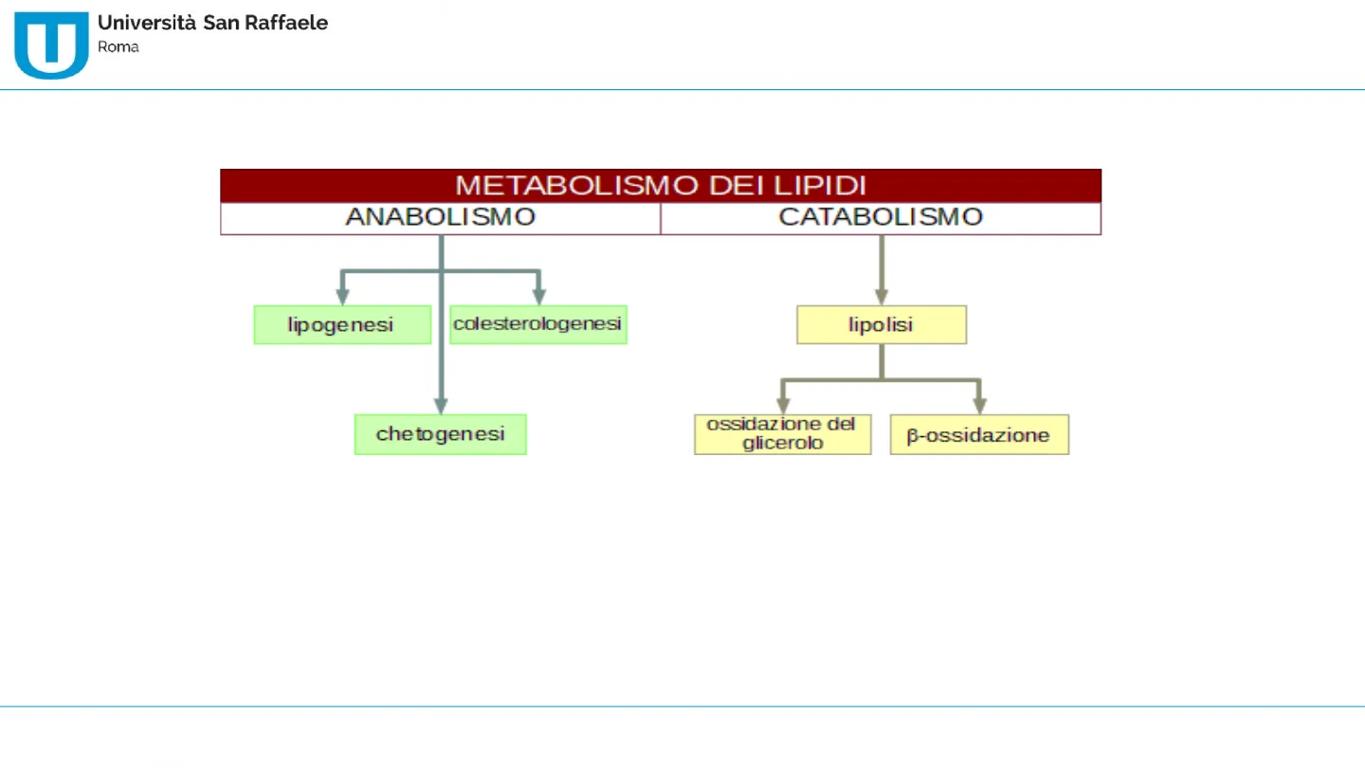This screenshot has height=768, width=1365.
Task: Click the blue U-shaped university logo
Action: coord(51,46)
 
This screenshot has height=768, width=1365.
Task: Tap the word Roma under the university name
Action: coord(118,47)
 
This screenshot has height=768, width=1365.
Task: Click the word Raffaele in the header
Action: coord(286,23)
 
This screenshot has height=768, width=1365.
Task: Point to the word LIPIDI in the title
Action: coord(820,185)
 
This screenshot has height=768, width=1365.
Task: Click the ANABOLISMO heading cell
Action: coord(441,218)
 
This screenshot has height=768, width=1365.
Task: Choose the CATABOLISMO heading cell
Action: coord(882,218)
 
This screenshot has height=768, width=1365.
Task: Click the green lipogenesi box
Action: coord(342,325)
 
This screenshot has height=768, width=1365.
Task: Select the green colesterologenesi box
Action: coord(538,325)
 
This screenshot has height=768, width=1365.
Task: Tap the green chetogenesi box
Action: coord(441,434)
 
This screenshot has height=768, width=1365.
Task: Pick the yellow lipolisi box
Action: coord(882,325)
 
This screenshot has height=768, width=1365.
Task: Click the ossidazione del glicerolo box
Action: coord(782,434)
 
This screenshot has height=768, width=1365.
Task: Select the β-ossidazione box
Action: coord(979,434)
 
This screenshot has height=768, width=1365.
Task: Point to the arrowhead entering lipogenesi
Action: coord(342,297)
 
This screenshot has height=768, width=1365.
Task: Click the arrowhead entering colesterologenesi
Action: coord(538,297)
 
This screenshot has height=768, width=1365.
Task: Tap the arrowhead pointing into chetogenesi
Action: coord(441,407)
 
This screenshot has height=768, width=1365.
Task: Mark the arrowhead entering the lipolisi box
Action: coord(882,297)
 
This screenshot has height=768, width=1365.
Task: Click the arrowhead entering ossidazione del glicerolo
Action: coord(783,407)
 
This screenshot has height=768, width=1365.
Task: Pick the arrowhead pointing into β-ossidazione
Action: coord(979,407)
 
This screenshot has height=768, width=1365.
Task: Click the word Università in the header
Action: coord(147,23)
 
